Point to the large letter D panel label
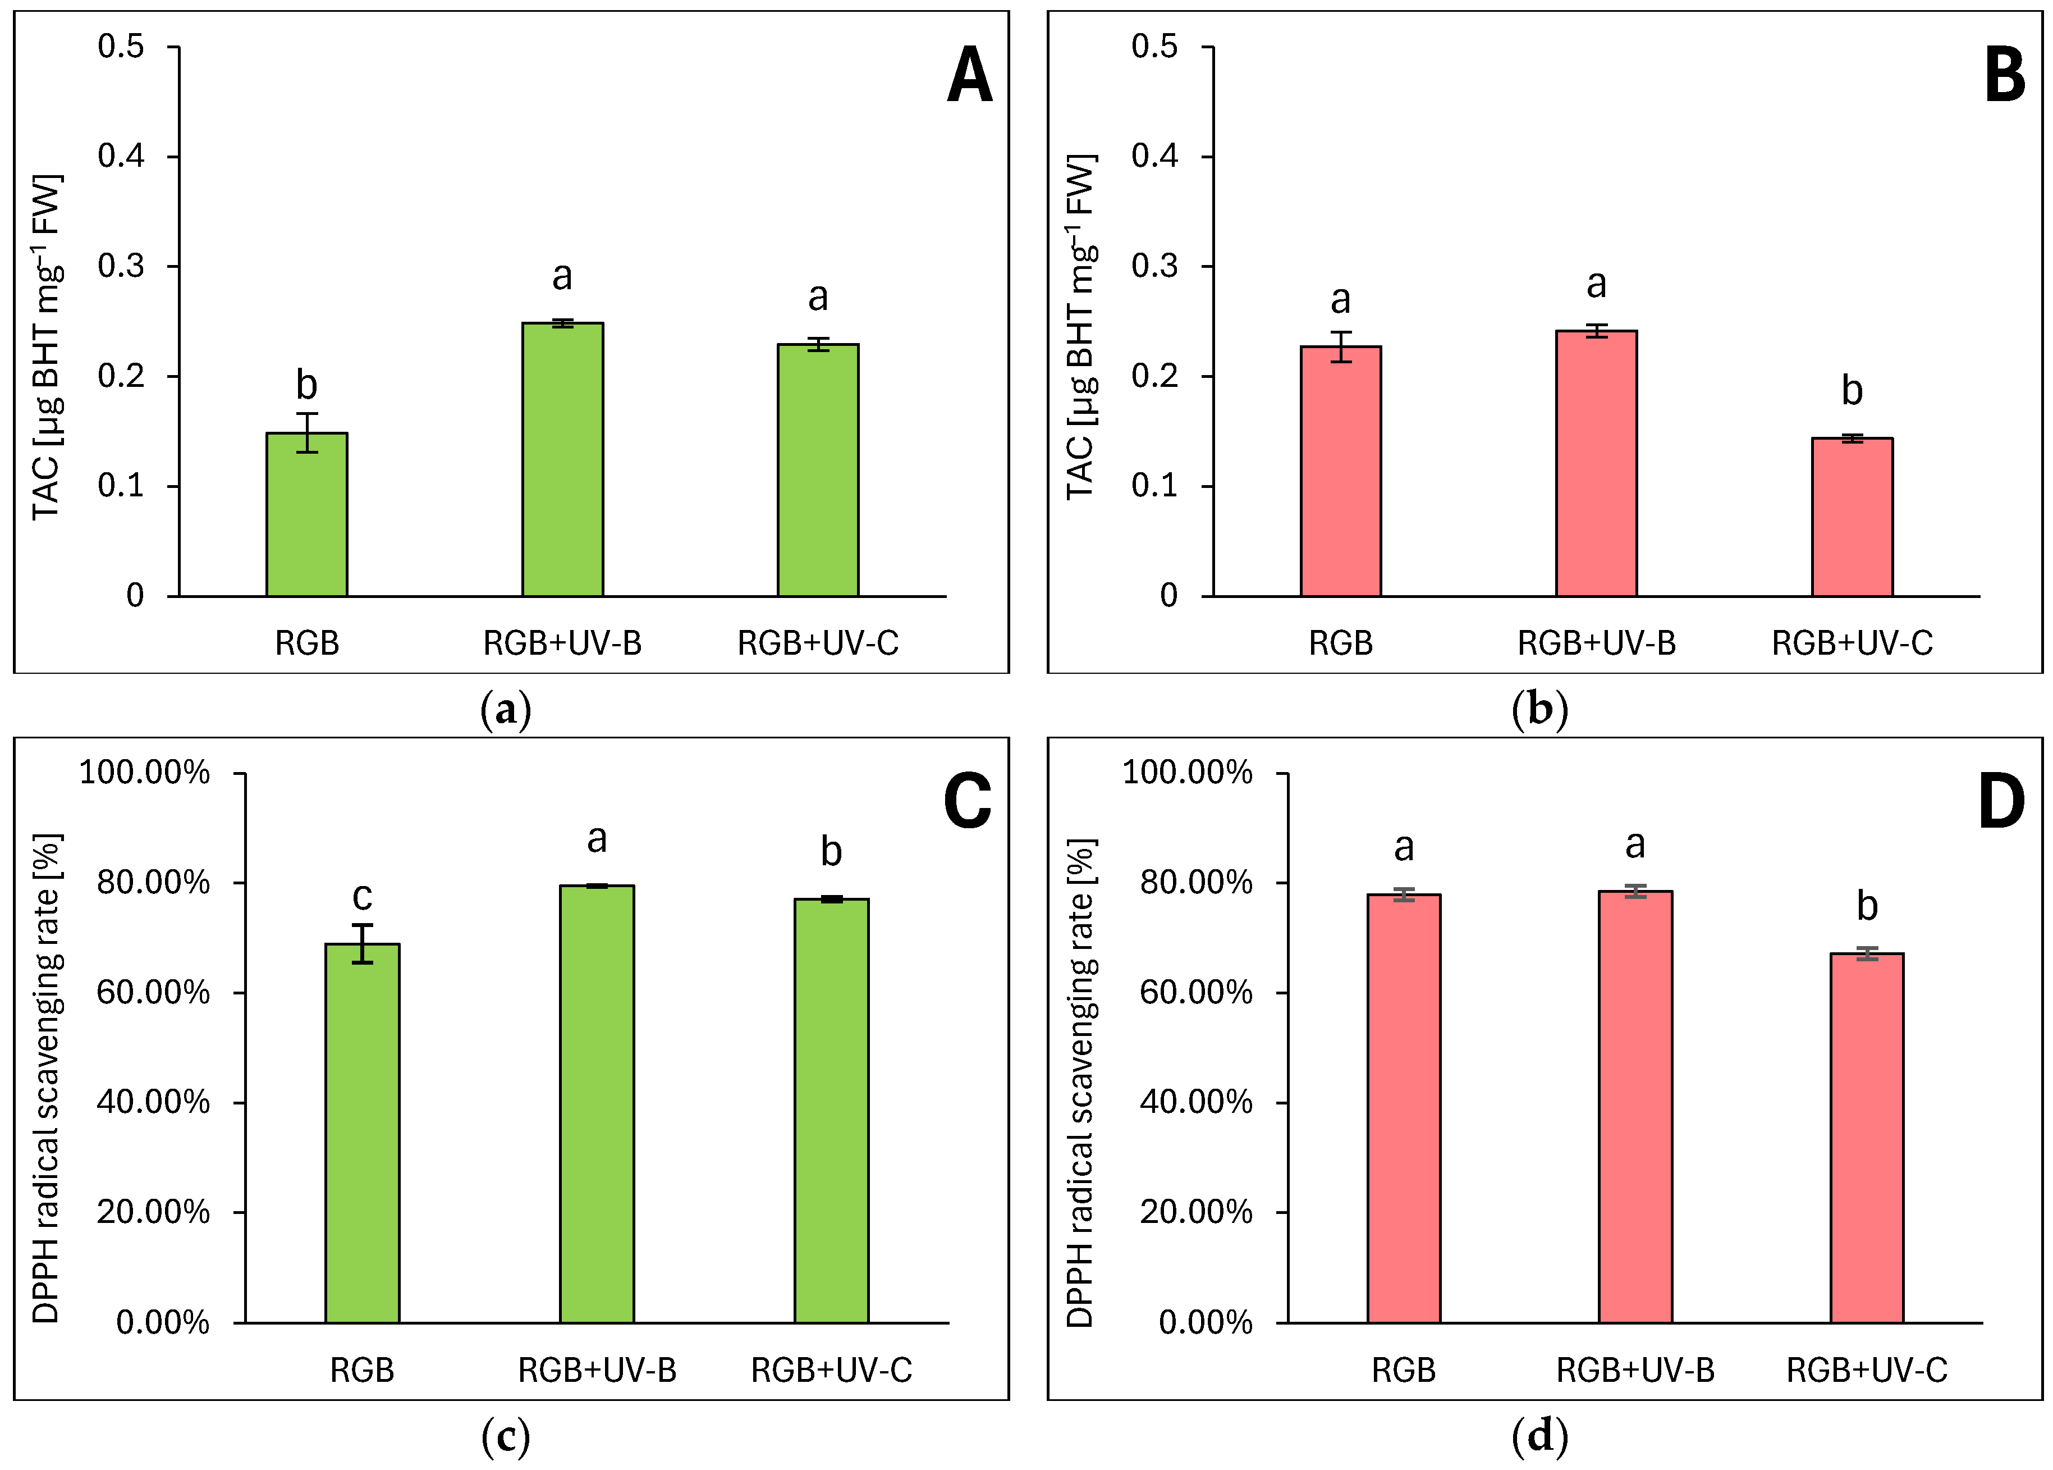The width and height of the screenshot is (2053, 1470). [2000, 802]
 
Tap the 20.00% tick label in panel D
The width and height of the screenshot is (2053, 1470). [1195, 1212]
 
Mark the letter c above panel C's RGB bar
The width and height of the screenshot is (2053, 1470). [362, 896]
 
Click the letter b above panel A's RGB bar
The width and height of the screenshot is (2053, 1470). [307, 385]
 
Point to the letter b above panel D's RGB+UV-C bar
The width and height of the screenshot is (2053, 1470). [1867, 905]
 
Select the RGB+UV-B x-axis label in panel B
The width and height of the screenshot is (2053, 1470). [1596, 643]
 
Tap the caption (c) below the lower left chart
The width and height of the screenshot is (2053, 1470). [505, 1436]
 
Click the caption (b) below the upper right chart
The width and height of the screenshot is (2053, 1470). [1539, 710]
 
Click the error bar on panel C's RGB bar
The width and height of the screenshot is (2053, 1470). [362, 943]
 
